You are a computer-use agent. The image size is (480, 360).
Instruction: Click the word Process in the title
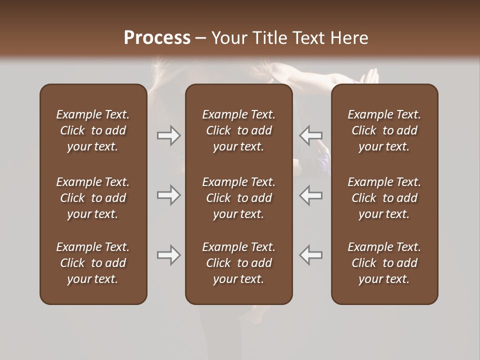[x=157, y=38]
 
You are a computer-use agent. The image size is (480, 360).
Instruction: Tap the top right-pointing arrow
[x=168, y=135]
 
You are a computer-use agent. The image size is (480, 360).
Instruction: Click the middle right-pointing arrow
[x=168, y=195]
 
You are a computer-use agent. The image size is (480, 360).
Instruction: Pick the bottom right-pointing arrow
[x=168, y=255]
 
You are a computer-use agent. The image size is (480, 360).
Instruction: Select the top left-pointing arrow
[x=311, y=135]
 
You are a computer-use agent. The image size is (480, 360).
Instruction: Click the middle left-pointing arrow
[x=311, y=195]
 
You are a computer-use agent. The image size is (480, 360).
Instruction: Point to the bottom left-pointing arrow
[x=311, y=255]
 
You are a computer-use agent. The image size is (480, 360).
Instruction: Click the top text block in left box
[x=93, y=130]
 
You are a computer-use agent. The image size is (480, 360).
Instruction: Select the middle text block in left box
[x=93, y=198]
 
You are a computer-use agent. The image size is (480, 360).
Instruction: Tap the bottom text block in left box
[x=93, y=263]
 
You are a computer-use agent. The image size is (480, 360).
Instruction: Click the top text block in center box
[x=238, y=130]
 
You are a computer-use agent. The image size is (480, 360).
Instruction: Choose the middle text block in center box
[x=238, y=198]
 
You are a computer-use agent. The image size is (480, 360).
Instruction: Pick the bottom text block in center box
[x=238, y=263]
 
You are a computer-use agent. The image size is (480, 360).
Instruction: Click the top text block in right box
[x=384, y=130]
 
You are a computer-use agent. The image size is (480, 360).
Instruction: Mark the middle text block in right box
[x=384, y=198]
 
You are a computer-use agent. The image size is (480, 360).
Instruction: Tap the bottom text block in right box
[x=384, y=263]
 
